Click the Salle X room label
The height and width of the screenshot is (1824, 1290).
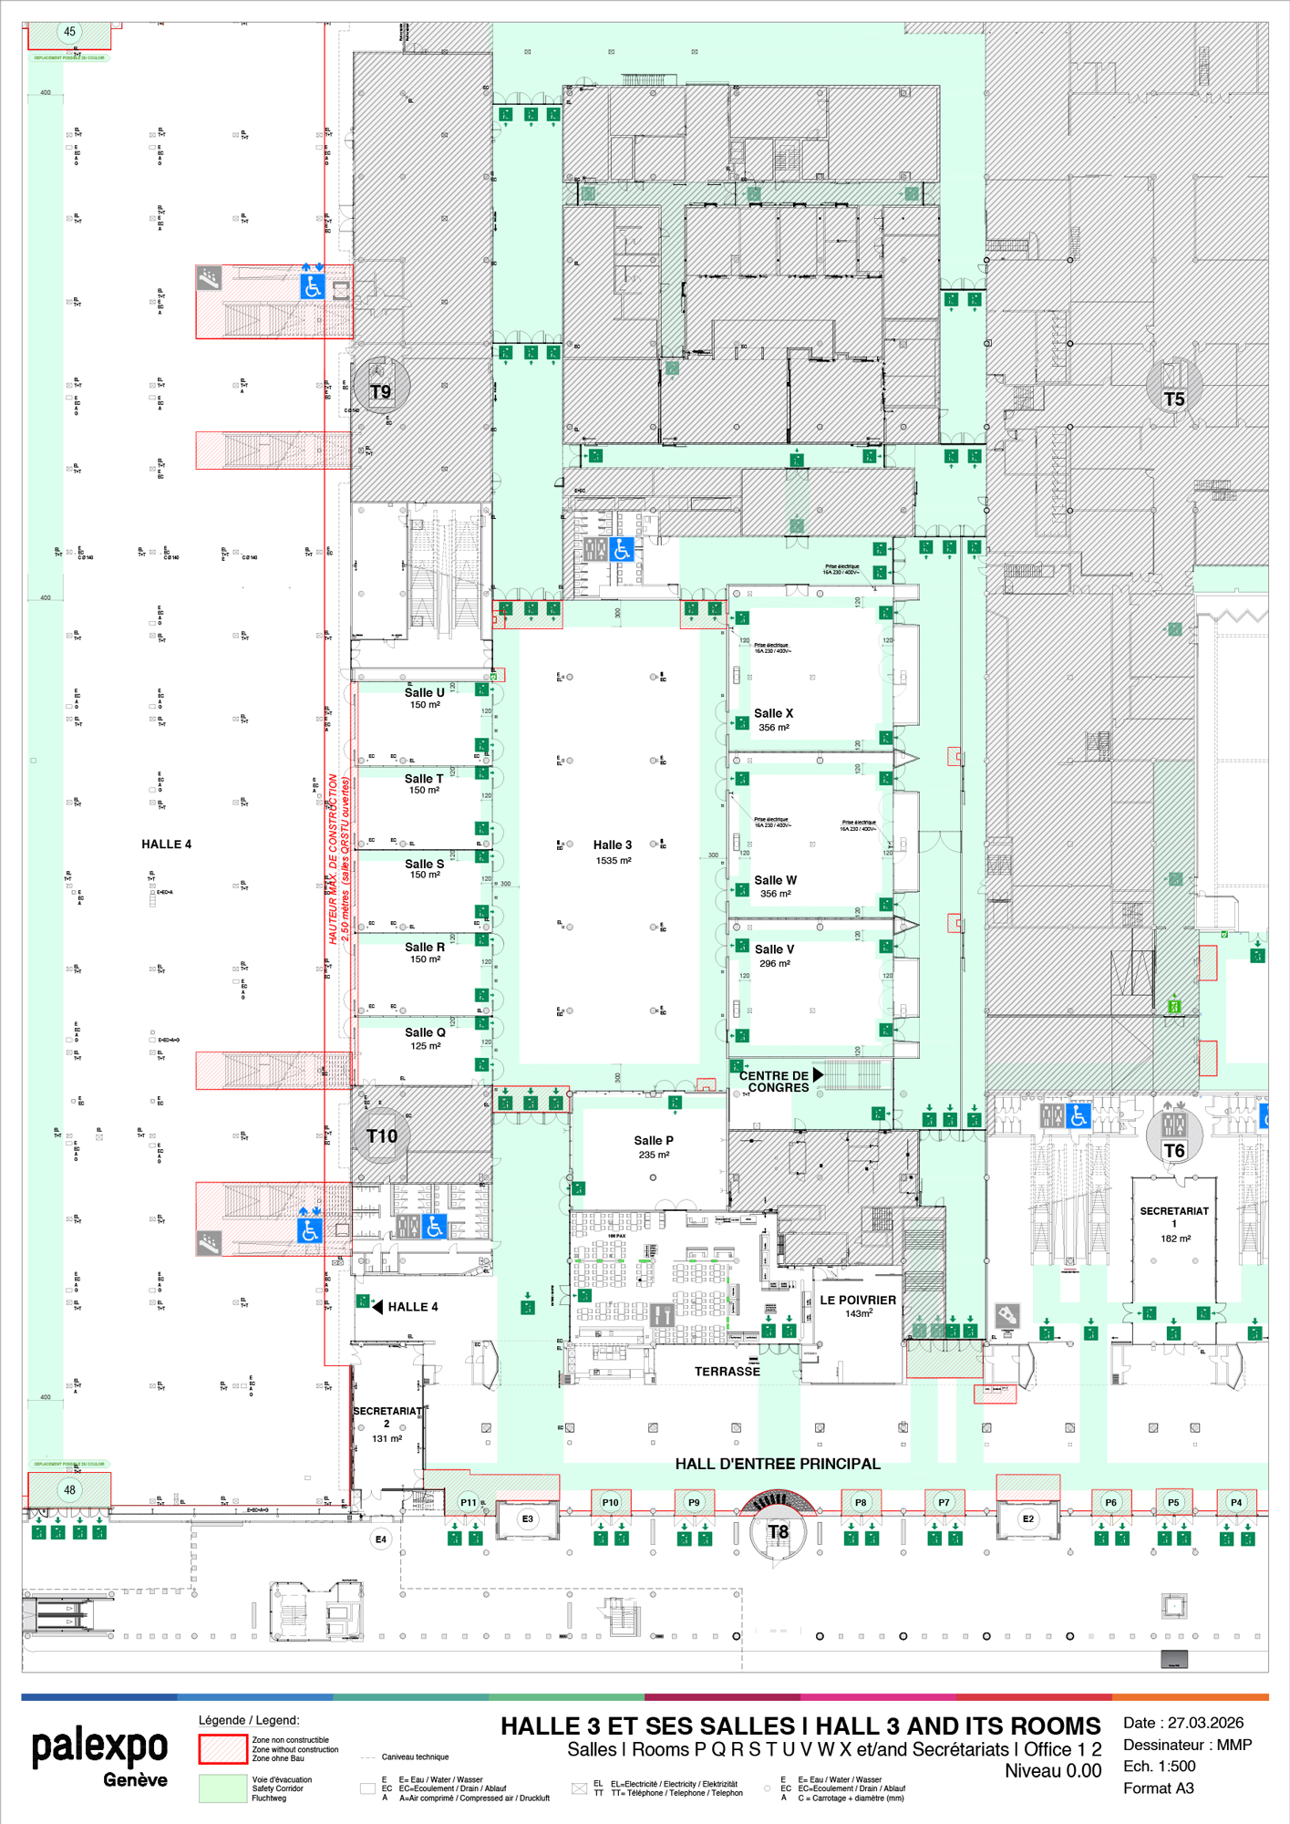coord(773,714)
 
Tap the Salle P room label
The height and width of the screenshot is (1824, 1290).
coord(654,1141)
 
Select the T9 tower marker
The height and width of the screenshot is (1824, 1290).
coord(380,391)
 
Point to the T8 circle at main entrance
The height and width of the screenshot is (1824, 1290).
coord(778,1531)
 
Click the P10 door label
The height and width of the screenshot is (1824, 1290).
coord(610,1502)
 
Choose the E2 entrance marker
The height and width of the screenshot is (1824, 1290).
coord(1028,1518)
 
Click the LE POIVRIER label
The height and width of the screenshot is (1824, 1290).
coord(857,1301)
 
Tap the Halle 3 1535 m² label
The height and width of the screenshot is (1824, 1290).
coord(613,852)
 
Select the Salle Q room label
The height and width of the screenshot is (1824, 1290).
coord(425,1033)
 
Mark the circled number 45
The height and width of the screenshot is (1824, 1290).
coord(69,32)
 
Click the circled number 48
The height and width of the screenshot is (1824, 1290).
coord(69,1489)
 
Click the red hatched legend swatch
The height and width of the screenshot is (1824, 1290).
coord(222,1748)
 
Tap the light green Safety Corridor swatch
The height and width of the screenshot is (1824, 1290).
coord(222,1788)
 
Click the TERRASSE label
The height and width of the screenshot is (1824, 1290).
coord(727,1372)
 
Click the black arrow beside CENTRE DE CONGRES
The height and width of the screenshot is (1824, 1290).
coord(818,1075)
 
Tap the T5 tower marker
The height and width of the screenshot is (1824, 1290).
coord(1174,399)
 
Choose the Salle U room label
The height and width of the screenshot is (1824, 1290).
coord(424,693)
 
